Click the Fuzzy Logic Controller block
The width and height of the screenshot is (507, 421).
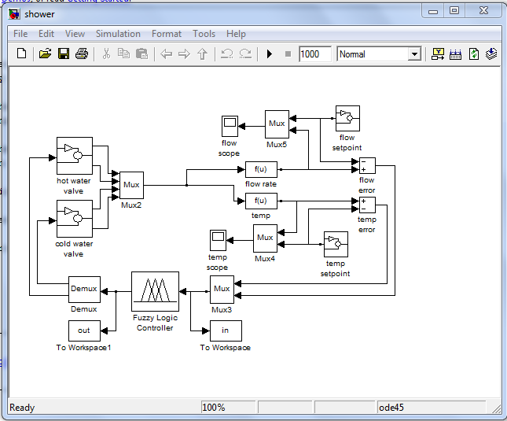[155, 291]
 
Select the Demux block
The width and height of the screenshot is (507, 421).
[84, 289]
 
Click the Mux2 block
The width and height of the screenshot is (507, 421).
[131, 186]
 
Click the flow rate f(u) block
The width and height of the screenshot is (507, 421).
[261, 169]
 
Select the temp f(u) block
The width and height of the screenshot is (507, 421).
[261, 201]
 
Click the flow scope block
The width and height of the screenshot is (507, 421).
[229, 125]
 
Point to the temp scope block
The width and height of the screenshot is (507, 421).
[218, 239]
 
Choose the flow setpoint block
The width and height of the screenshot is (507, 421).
[347, 118]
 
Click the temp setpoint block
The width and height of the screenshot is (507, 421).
[336, 244]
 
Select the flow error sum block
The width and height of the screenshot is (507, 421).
[366, 165]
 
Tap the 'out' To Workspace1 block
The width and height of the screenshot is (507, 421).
[84, 331]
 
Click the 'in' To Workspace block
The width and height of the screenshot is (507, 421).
[226, 331]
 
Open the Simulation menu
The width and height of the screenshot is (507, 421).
[118, 34]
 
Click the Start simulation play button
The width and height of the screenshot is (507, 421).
[269, 54]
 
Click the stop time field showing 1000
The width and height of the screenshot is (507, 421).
[314, 54]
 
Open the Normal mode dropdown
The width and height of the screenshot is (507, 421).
[380, 54]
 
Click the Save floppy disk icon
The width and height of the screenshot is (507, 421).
[63, 54]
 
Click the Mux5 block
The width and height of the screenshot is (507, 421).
[277, 124]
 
